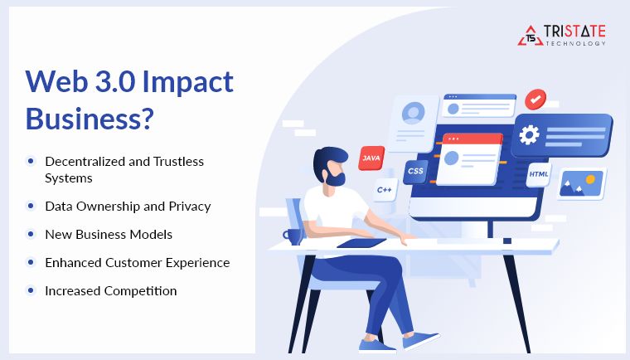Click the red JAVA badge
click(371, 158)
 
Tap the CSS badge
click(414, 172)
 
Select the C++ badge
click(384, 190)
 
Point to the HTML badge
click(539, 174)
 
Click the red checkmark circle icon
click(535, 100)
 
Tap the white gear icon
click(529, 135)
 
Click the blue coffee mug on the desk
click(293, 236)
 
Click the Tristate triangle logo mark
click(528, 35)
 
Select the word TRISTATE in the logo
click(574, 32)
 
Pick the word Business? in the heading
click(90, 119)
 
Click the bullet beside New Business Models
click(31, 234)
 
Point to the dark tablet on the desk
click(361, 243)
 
